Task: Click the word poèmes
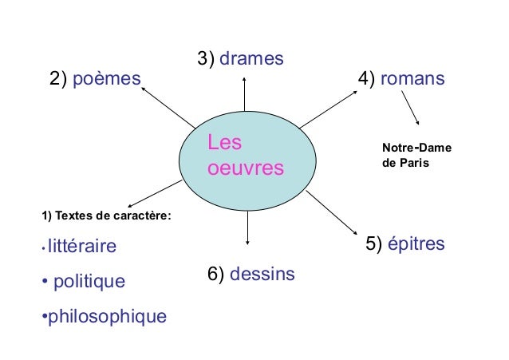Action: pyautogui.click(x=107, y=80)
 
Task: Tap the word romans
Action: pyautogui.click(x=412, y=80)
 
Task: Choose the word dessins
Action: pyautogui.click(x=262, y=275)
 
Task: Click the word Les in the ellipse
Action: pyautogui.click(x=224, y=144)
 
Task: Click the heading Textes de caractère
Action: pyautogui.click(x=106, y=216)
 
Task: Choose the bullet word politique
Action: pyautogui.click(x=89, y=281)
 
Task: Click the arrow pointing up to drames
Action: pyautogui.click(x=246, y=100)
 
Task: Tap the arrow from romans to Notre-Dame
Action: pyautogui.click(x=410, y=107)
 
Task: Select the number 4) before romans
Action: pyautogui.click(x=368, y=80)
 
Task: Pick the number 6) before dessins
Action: pyautogui.click(x=216, y=275)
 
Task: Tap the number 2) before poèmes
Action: pyautogui.click(x=59, y=80)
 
